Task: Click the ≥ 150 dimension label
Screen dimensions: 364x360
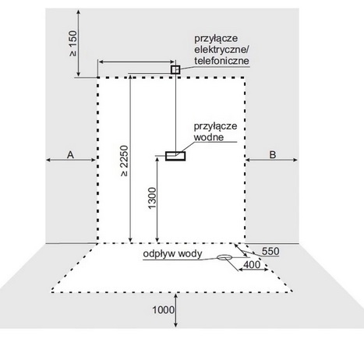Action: point(73,44)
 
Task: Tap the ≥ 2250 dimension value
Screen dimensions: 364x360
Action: point(125,161)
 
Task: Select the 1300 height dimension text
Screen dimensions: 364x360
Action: point(152,198)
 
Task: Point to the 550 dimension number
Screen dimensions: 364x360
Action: point(270,252)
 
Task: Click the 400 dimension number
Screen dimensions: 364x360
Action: point(252,265)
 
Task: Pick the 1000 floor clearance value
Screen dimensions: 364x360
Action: point(163,310)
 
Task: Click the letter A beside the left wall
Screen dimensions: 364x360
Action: point(70,155)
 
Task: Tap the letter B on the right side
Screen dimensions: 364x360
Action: point(272,155)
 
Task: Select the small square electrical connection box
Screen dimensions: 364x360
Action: point(175,69)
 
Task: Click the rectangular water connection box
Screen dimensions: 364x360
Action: point(175,156)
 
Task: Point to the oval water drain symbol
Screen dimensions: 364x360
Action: point(224,257)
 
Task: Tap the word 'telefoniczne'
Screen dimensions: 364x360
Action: point(221,61)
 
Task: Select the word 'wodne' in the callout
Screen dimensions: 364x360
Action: point(209,137)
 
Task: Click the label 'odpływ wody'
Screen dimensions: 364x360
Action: point(172,254)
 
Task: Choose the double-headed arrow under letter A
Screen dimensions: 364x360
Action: point(71,160)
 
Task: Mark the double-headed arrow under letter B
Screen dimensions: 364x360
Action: point(271,160)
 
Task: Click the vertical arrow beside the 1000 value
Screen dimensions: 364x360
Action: point(176,310)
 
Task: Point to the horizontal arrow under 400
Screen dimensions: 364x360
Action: point(253,270)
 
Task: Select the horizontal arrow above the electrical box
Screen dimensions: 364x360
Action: point(136,62)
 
